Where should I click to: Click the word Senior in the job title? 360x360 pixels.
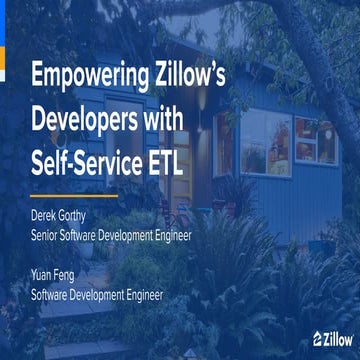click(x=50, y=238)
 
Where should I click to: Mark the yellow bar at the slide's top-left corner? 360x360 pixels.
click(x=4, y=40)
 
